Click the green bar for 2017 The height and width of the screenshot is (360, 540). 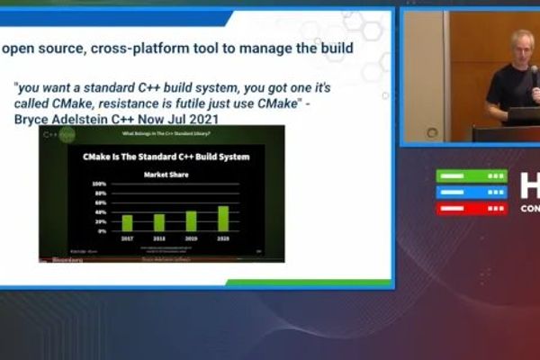point(127,222)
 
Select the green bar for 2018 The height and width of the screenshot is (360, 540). point(159,222)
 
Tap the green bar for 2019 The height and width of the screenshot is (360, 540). point(191,220)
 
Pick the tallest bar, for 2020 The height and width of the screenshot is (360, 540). point(223,218)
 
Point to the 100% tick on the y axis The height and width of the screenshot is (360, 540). point(100,184)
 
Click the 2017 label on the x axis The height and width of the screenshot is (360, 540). point(127,238)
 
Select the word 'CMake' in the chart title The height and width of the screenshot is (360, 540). point(99,157)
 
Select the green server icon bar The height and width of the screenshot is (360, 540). point(472,175)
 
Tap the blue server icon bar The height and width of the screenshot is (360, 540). point(472,192)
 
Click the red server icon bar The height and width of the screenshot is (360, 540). point(472,208)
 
